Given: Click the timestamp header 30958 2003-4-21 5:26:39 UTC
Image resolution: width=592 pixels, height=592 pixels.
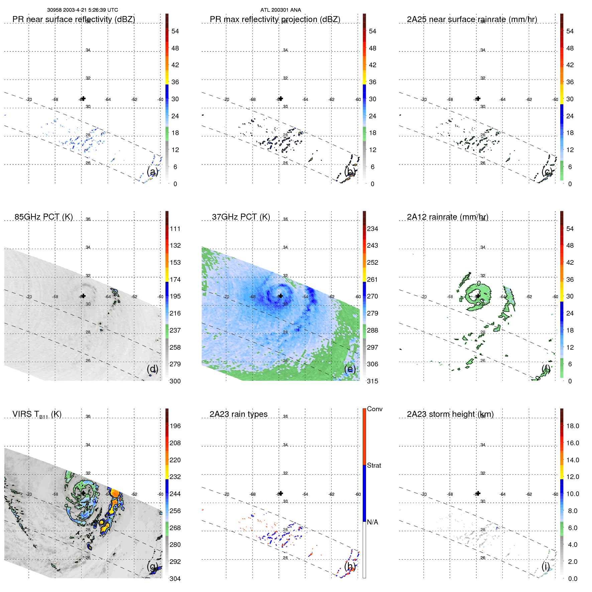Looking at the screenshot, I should [x=82, y=10].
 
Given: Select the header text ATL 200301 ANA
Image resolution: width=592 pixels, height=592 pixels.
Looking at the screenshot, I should [x=280, y=10].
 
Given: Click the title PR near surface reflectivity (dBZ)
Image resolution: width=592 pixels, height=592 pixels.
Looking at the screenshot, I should [x=74, y=19].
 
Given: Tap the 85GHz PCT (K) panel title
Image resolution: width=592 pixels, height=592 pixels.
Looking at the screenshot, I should [x=43, y=217].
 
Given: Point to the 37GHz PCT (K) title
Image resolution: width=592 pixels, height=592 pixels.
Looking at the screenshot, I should [x=241, y=217].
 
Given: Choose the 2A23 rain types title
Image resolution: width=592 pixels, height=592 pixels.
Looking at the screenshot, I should [x=238, y=414].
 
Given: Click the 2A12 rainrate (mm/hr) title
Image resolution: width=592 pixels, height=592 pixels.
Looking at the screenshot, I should [x=448, y=217].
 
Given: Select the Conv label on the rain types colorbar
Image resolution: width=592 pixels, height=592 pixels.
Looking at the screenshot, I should [x=374, y=409].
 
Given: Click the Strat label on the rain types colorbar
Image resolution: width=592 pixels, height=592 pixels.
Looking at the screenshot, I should [x=374, y=466].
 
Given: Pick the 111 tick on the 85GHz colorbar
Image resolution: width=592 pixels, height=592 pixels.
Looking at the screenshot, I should [x=175, y=229].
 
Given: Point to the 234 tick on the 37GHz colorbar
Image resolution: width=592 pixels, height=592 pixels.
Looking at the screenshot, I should [x=372, y=229].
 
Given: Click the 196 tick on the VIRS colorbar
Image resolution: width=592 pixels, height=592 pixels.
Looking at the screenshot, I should [x=175, y=426].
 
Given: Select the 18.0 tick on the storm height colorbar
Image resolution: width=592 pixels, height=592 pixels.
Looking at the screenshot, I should [x=572, y=426].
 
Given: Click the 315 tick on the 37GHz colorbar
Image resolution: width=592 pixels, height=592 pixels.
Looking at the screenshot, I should [x=372, y=381].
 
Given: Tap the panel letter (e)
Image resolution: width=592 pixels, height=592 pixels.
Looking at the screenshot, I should [x=350, y=369].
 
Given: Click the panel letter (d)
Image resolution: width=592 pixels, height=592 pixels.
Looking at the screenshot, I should [x=152, y=369].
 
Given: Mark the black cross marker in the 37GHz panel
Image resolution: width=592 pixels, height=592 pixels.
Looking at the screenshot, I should [x=281, y=296].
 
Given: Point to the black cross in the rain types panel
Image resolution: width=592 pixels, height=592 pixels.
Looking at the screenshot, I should [x=281, y=493].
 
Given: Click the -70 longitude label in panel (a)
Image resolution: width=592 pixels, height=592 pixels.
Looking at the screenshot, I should [x=29, y=100].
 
